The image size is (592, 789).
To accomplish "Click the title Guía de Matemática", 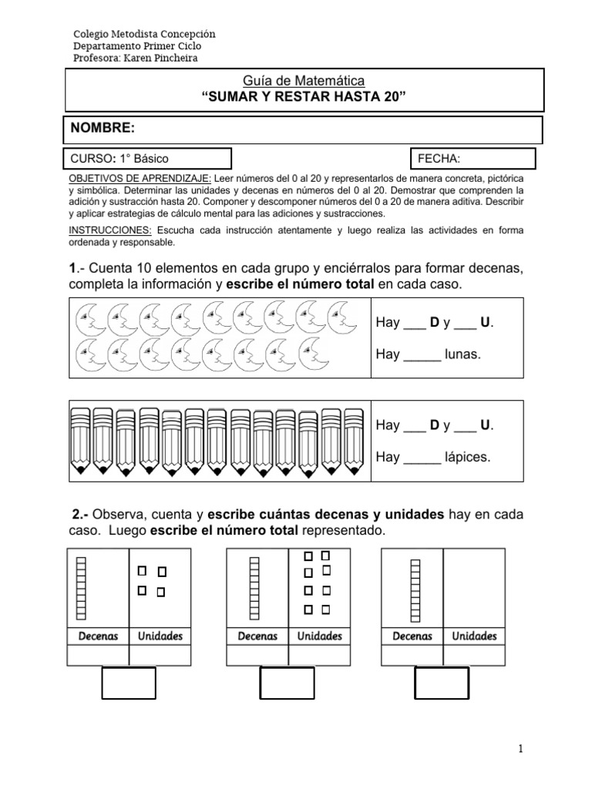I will (x=304, y=81).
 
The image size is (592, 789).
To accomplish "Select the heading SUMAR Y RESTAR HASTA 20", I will (x=304, y=96).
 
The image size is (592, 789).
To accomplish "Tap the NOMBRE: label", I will (x=103, y=128).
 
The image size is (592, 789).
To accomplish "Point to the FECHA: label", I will (x=439, y=159).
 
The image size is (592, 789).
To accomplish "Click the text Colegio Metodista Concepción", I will (x=144, y=35).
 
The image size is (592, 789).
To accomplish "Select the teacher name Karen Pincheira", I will (x=166, y=58).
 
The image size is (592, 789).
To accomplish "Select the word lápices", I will (x=467, y=457).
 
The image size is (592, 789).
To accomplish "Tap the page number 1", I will (x=521, y=748).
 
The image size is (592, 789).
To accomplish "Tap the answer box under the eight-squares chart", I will (x=287, y=683).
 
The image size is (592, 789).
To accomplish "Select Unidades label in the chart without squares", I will (x=474, y=636).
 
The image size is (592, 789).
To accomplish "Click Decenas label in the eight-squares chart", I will (x=257, y=636).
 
